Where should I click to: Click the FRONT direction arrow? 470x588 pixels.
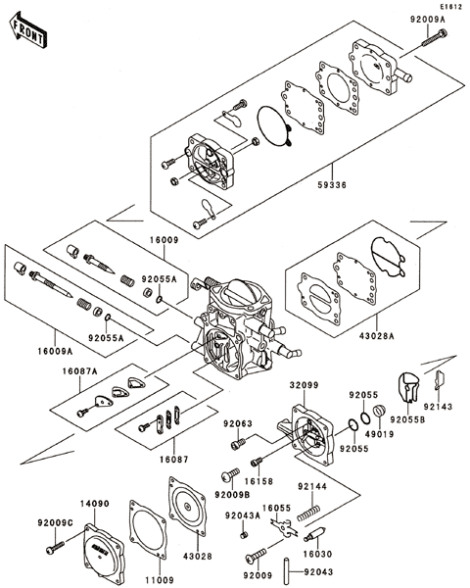point(27,29)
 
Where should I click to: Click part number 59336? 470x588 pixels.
point(332,185)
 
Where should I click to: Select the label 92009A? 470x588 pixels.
point(428,20)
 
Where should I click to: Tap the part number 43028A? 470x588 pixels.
point(377,336)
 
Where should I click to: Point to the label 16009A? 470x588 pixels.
point(55,352)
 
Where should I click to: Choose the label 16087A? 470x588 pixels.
point(79,371)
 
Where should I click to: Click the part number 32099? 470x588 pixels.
point(304,385)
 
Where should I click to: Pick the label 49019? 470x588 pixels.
point(380,434)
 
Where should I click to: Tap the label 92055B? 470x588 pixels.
point(407,419)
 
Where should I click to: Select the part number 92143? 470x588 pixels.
point(438,407)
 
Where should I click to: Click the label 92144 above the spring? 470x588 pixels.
point(312,486)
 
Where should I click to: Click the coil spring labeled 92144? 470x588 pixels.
point(308,513)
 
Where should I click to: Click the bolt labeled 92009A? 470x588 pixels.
point(435,38)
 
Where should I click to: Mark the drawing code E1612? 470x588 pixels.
point(450,7)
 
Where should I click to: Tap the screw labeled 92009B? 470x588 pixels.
point(230,474)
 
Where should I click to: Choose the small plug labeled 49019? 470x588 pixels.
point(379,411)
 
